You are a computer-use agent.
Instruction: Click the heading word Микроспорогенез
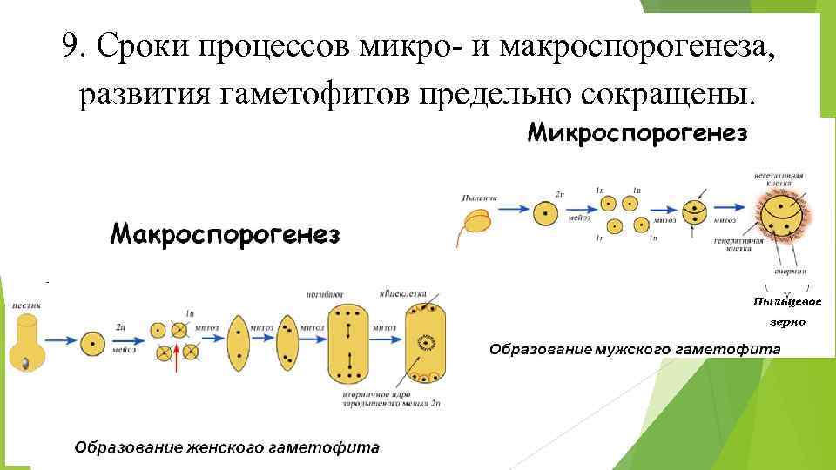[637, 134]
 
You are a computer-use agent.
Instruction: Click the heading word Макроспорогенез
[226, 233]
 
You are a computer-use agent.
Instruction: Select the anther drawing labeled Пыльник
[476, 224]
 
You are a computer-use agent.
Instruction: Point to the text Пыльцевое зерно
[786, 312]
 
